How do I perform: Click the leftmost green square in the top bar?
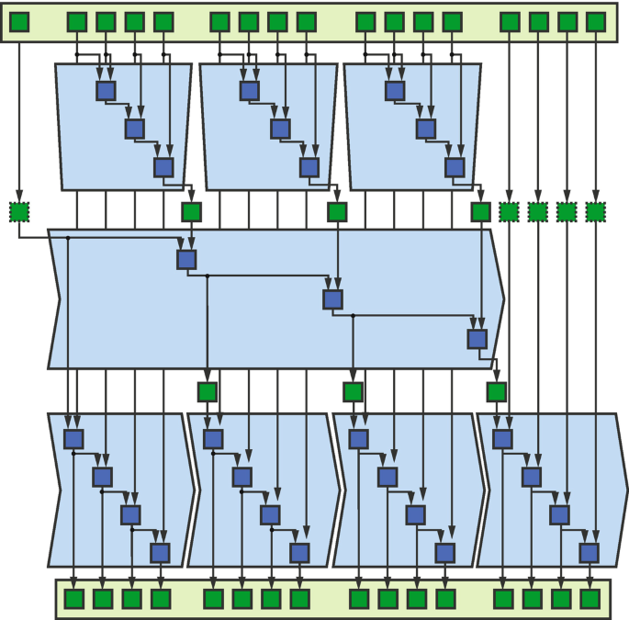[19, 21]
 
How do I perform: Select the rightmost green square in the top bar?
[596, 21]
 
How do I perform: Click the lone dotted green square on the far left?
[19, 212]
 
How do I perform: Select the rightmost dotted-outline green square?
[596, 212]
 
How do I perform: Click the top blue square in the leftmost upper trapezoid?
[107, 90]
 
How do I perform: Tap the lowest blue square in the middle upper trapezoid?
[309, 167]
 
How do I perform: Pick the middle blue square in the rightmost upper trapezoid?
[425, 129]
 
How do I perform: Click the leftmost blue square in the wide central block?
[186, 259]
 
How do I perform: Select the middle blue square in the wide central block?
[332, 299]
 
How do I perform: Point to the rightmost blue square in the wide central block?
[477, 339]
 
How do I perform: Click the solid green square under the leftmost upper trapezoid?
[191, 212]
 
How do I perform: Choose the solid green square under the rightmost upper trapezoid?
[480, 212]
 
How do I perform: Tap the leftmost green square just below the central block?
[208, 392]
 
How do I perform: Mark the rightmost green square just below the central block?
[497, 392]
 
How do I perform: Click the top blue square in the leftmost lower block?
[73, 439]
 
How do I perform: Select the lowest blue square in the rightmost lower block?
[589, 553]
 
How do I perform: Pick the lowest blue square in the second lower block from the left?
[299, 553]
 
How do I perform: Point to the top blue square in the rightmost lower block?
[502, 439]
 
